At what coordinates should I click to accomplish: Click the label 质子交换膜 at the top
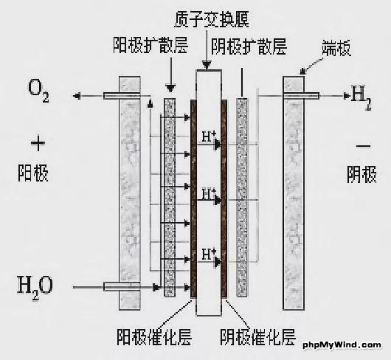(212, 19)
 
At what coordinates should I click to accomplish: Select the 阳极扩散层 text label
(150, 46)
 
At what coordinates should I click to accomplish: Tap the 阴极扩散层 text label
(249, 46)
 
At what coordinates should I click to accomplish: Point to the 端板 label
(336, 48)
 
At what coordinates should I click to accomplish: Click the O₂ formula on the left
(38, 90)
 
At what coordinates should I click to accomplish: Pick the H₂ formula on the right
(361, 97)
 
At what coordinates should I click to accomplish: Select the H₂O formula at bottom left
(35, 287)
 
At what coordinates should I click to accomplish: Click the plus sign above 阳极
(38, 143)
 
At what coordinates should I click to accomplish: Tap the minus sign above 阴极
(363, 146)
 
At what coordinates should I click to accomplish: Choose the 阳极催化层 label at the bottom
(154, 337)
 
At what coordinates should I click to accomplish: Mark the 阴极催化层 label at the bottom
(257, 337)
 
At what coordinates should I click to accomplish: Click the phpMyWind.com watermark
(342, 345)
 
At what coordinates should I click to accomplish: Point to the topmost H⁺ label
(209, 136)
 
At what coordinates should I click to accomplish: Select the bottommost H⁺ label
(209, 254)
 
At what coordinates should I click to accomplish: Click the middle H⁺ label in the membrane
(209, 194)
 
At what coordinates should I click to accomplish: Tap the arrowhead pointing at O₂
(77, 96)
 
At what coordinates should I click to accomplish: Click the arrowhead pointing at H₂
(347, 96)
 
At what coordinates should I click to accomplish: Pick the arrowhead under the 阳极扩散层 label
(171, 89)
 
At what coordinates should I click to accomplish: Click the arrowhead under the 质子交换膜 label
(207, 66)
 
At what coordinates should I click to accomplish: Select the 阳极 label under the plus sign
(33, 173)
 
